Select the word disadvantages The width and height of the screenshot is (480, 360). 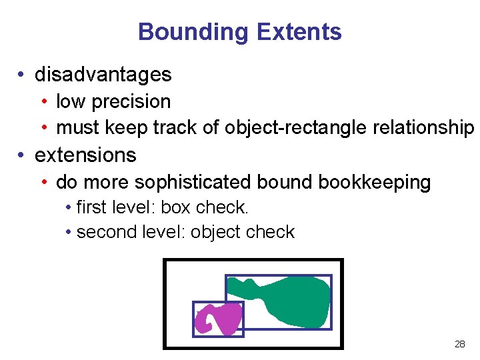point(103,75)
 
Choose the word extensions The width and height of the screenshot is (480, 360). point(85,155)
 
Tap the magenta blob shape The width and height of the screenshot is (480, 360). point(219,318)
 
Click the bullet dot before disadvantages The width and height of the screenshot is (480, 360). point(23,75)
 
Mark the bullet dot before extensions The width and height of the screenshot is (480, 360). point(23,156)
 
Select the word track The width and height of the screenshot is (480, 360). point(175,127)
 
